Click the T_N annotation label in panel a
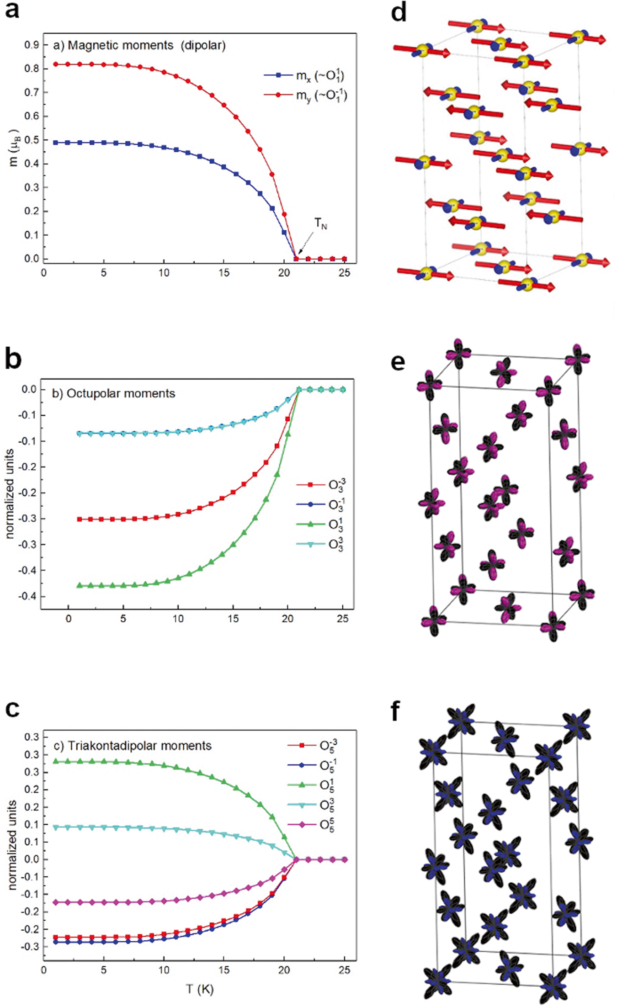[321, 224]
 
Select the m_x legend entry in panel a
[304, 75]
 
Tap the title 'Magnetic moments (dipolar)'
[139, 46]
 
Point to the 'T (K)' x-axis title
[200, 989]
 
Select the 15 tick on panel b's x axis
[233, 619]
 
